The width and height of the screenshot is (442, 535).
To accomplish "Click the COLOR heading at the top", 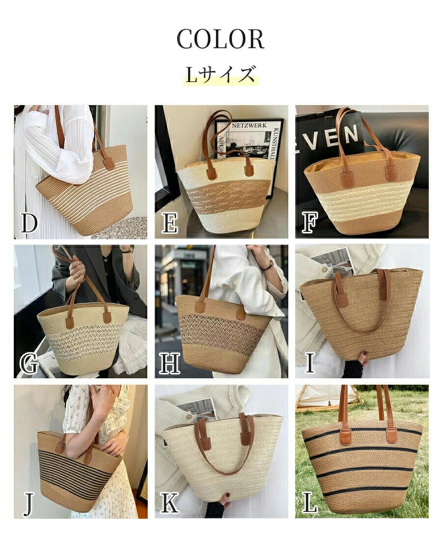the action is (221, 39).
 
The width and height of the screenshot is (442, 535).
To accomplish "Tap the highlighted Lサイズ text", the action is (221, 74).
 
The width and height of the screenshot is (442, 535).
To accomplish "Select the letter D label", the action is (28, 223).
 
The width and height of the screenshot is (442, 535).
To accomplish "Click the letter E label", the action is (169, 223).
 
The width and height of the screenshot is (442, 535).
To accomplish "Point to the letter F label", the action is (310, 222).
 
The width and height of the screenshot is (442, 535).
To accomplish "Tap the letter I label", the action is (310, 363).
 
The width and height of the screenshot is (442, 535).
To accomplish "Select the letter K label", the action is (169, 503).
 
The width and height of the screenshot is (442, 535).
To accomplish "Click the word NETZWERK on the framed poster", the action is (249, 126).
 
